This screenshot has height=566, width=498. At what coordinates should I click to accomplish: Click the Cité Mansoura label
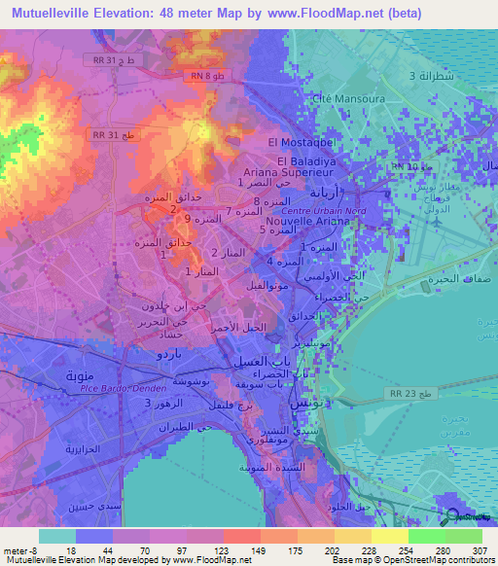342,99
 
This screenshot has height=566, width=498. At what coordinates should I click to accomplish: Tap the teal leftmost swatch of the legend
56,536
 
